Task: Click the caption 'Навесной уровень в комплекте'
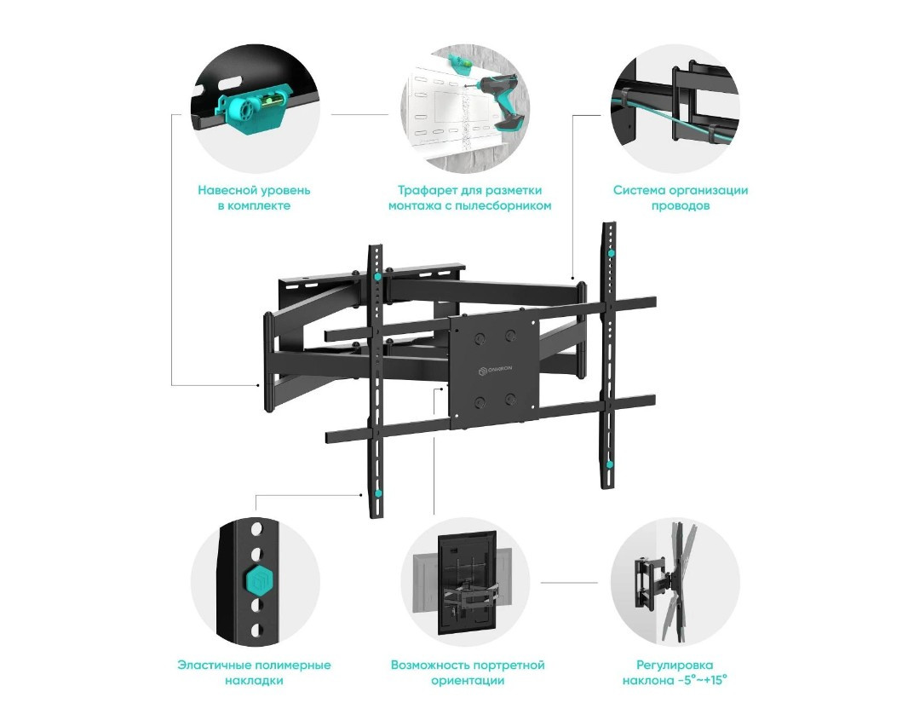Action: coord(255,198)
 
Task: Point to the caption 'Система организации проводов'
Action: coord(681,198)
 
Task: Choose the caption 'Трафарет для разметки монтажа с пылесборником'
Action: coord(469,198)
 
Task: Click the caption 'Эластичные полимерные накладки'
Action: coord(254,672)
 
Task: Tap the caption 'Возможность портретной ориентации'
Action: coord(468,672)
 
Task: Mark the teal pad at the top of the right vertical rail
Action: coord(610,253)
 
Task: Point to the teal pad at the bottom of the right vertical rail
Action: coord(610,465)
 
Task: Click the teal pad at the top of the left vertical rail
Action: coord(376,277)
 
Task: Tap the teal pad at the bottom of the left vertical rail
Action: coord(376,492)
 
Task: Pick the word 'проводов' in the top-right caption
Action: coord(681,206)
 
